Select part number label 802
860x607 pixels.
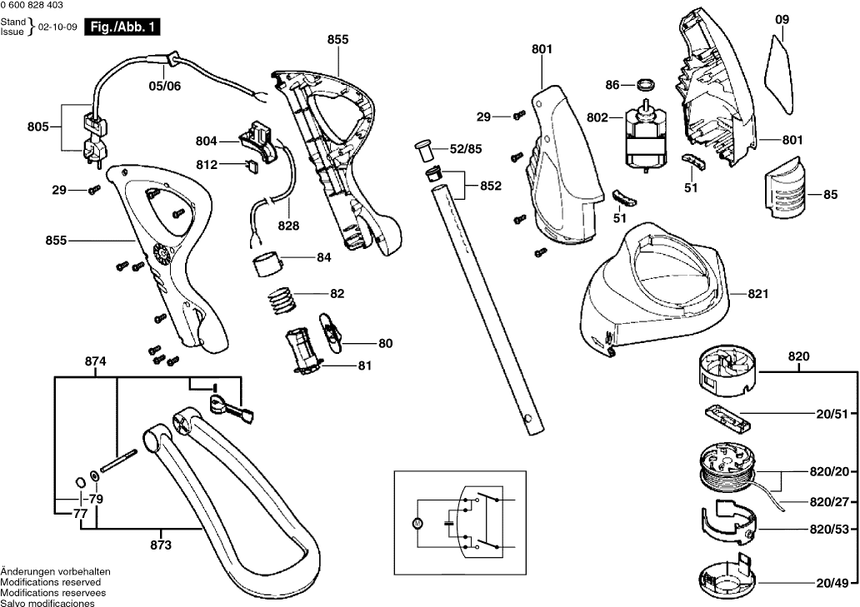tap(597, 118)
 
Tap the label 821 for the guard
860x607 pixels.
tap(757, 294)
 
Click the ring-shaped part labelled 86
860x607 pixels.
tap(644, 84)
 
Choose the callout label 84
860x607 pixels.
tap(323, 258)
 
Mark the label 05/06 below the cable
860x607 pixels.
tap(164, 85)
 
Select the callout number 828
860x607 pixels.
tap(288, 226)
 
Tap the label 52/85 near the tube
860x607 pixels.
tap(465, 149)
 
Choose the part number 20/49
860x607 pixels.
tap(837, 583)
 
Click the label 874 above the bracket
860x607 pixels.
tap(96, 362)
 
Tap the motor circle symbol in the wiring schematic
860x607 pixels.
tap(419, 522)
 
